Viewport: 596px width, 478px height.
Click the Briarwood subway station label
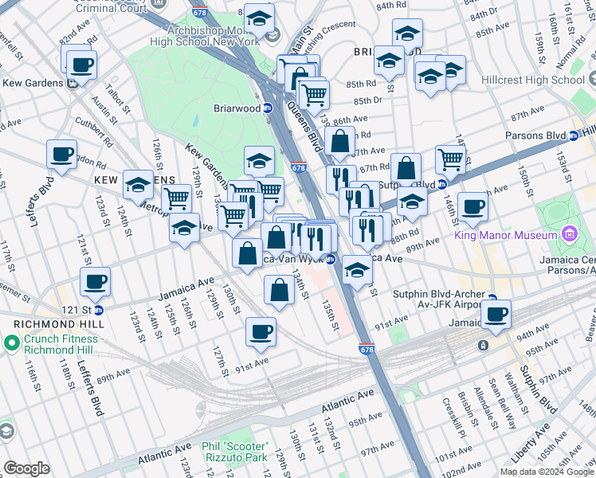(x=236, y=108)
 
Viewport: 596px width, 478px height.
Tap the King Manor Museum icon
(x=568, y=235)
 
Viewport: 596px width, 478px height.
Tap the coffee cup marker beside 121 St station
(x=95, y=281)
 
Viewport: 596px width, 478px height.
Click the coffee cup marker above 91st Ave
(x=261, y=331)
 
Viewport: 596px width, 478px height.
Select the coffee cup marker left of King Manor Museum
(x=472, y=207)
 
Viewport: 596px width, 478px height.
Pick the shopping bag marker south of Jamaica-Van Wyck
(x=279, y=291)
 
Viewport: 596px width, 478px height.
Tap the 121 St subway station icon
(x=99, y=310)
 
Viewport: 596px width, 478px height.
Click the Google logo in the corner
(x=26, y=468)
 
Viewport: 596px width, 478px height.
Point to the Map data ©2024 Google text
(x=547, y=472)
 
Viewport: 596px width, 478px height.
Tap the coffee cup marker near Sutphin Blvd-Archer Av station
(x=497, y=314)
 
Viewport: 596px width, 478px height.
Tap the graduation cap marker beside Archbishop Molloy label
(x=259, y=18)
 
